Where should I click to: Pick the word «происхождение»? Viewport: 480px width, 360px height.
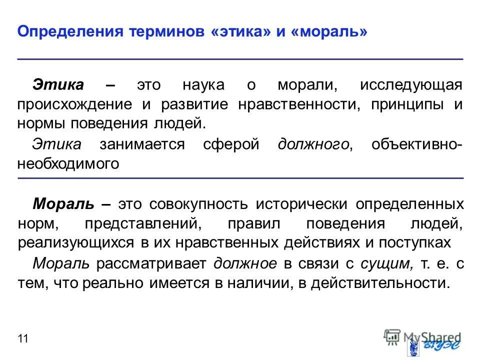point(75,104)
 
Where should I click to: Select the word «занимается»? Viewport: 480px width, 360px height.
point(141,144)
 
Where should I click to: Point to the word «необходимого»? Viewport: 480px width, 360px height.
point(68,164)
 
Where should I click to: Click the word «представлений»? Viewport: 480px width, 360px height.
point(142,223)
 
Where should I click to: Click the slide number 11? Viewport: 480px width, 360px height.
point(22,339)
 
